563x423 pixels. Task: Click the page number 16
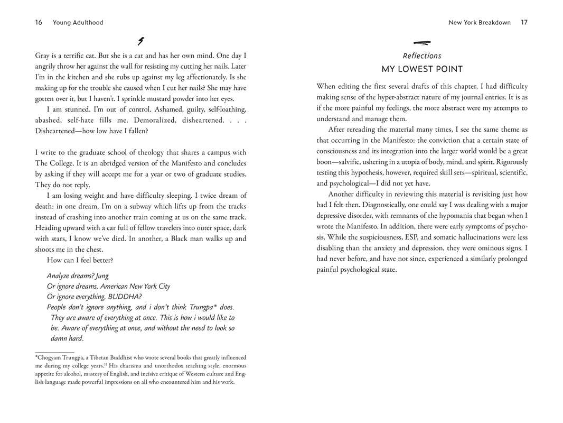[x=39, y=22]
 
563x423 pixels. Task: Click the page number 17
[x=524, y=22]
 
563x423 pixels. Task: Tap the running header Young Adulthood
[x=78, y=22]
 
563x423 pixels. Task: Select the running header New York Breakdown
[x=480, y=22]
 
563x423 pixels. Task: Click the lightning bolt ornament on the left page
[x=140, y=41]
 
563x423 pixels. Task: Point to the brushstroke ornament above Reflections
[x=422, y=43]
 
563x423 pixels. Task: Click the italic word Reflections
[x=422, y=56]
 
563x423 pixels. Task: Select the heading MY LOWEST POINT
[x=422, y=69]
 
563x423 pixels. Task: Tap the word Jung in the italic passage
[x=102, y=275]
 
